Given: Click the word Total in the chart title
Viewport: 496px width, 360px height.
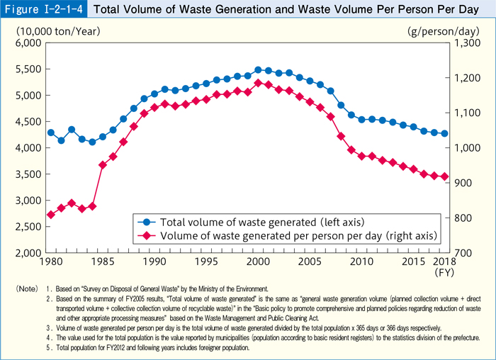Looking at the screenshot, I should click(109, 11).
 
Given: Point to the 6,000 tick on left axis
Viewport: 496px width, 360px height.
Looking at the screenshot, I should click(28, 43).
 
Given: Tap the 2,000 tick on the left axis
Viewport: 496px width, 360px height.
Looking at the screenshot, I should click(28, 252).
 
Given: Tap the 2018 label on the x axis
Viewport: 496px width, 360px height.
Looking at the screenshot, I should click(444, 263).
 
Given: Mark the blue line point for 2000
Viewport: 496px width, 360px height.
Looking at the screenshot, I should click(258, 70).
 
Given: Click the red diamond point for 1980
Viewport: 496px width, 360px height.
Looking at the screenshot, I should click(50, 215).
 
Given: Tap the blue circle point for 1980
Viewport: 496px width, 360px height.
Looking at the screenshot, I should click(50, 133).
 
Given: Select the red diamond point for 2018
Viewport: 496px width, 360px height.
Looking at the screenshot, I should click(444, 176).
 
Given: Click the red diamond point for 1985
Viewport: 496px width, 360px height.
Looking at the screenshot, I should click(103, 165).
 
